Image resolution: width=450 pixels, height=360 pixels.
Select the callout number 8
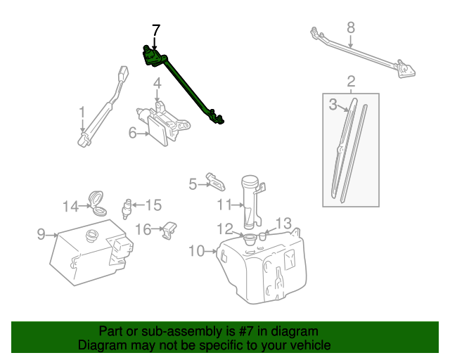click(351, 28)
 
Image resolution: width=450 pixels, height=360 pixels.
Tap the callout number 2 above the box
click(351, 81)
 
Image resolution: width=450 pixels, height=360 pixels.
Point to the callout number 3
click(333, 105)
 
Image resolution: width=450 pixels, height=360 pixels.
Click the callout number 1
click(82, 112)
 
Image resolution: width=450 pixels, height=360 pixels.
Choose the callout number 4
click(157, 83)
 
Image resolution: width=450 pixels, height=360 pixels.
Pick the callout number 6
click(132, 132)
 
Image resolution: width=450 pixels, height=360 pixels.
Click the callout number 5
click(193, 184)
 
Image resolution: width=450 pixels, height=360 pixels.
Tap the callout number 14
click(70, 206)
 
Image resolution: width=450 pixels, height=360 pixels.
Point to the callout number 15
click(153, 205)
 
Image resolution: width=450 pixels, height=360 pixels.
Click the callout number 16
click(143, 229)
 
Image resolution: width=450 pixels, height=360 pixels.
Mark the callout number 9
click(41, 233)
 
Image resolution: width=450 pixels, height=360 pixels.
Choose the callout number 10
click(196, 250)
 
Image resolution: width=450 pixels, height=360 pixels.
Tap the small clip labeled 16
click(169, 230)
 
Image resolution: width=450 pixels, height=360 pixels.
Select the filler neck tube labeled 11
click(251, 200)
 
